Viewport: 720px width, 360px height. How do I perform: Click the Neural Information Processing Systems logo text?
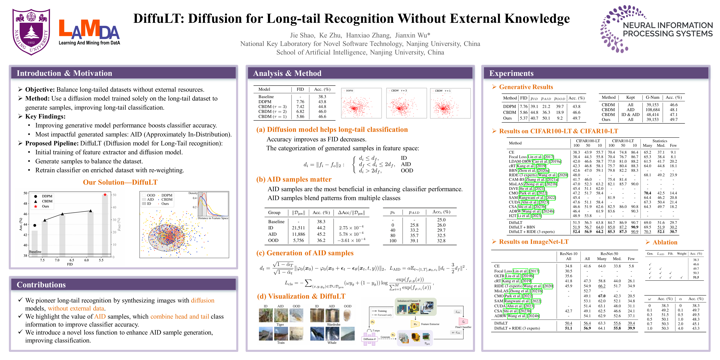[667, 29]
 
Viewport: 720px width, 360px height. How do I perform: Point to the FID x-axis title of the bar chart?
[70, 264]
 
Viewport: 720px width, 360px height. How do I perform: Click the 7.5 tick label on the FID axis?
[42, 260]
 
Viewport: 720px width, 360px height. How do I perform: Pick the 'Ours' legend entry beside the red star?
[45, 206]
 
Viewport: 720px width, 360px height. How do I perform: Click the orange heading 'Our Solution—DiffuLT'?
[120, 182]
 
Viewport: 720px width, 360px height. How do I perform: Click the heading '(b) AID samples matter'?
[294, 179]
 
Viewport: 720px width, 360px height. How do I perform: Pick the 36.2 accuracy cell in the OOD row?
[321, 240]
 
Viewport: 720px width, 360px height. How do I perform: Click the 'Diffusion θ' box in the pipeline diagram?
[370, 339]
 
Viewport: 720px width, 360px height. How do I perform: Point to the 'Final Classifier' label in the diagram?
[463, 327]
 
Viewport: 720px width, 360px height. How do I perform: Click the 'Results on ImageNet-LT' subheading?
[534, 242]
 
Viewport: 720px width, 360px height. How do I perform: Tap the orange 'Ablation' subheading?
[665, 242]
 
